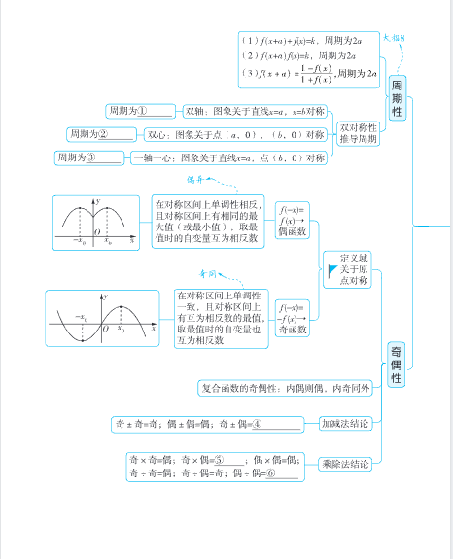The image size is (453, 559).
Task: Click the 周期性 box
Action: pyautogui.click(x=397, y=98)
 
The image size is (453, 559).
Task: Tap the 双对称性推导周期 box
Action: pyautogui.click(x=357, y=132)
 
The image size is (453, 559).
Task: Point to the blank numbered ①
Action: pyautogui.click(x=157, y=111)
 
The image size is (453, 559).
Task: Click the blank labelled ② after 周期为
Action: pyautogui.click(x=117, y=134)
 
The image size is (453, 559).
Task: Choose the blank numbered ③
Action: pyautogui.click(x=104, y=157)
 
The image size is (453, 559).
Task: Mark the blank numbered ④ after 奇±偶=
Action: pyautogui.click(x=276, y=424)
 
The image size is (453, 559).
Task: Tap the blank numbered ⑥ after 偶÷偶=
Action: pyautogui.click(x=280, y=472)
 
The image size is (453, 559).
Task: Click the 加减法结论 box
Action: pyautogui.click(x=345, y=424)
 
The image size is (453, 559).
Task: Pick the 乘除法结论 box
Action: pyautogui.click(x=345, y=465)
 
